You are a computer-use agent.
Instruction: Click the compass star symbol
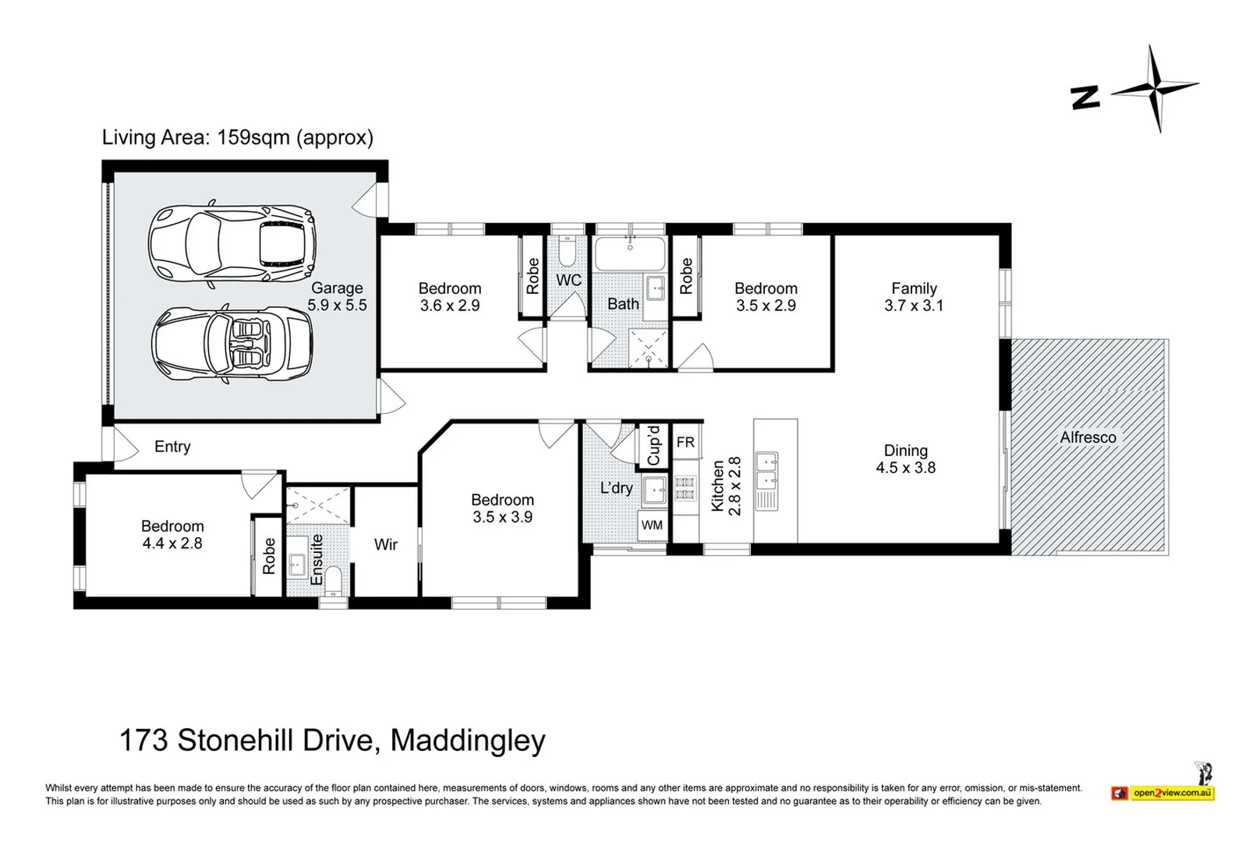pyautogui.click(x=1155, y=89)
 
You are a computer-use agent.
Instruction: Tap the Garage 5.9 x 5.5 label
pyautogui.click(x=337, y=297)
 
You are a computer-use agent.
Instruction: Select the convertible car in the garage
pyautogui.click(x=232, y=344)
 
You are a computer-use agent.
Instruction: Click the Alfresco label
pyautogui.click(x=1088, y=437)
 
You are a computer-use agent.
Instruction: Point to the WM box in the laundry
pyautogui.click(x=652, y=525)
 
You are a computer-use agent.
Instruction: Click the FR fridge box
pyautogui.click(x=685, y=443)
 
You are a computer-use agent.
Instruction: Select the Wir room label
pyautogui.click(x=386, y=545)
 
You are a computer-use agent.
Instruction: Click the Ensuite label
pyautogui.click(x=317, y=559)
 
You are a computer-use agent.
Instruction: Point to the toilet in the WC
pyautogui.click(x=568, y=250)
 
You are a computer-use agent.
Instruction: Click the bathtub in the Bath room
pyautogui.click(x=630, y=253)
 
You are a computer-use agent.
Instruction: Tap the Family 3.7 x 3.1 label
pyautogui.click(x=914, y=297)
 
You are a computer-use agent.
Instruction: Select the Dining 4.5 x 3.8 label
pyautogui.click(x=905, y=459)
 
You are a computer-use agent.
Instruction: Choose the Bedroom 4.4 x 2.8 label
pyautogui.click(x=172, y=535)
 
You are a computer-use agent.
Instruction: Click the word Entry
pyautogui.click(x=172, y=447)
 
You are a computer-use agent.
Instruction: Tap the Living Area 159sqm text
pyautogui.click(x=238, y=137)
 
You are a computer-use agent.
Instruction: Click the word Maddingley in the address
pyautogui.click(x=467, y=740)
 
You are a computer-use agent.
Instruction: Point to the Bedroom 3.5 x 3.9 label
pyautogui.click(x=502, y=508)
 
